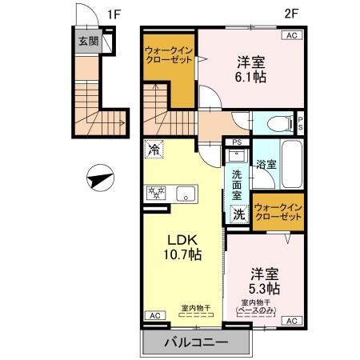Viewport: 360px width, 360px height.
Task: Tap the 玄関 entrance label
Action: (x=89, y=42)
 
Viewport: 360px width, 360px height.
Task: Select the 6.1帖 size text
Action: (x=250, y=77)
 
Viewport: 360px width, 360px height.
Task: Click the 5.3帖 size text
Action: (x=263, y=287)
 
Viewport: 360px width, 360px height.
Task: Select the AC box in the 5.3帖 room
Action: (x=290, y=321)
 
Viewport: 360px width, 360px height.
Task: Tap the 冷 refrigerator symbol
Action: (x=154, y=149)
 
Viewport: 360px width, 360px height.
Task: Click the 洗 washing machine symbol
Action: (x=238, y=214)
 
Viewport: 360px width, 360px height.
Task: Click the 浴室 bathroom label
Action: (x=266, y=164)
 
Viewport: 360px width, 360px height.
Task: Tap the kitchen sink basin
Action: (x=186, y=193)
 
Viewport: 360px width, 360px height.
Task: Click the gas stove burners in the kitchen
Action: (x=155, y=193)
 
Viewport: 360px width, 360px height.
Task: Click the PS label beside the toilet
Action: (x=301, y=123)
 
